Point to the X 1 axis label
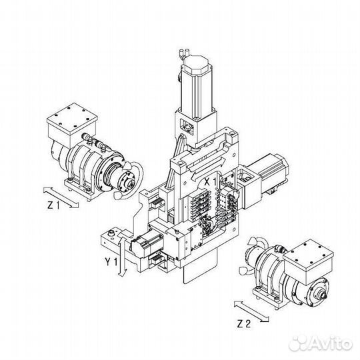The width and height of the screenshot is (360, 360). click(211, 180)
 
